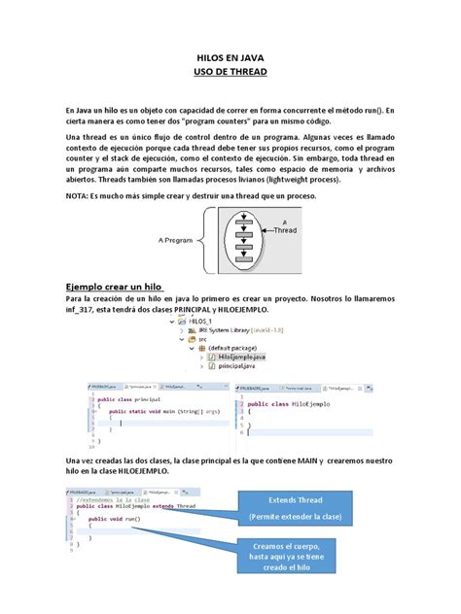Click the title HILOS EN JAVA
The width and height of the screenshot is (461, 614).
click(230, 57)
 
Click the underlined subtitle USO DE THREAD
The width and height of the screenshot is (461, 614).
click(230, 72)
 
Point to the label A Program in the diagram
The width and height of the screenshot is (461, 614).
click(177, 239)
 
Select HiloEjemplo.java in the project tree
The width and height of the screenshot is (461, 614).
click(234, 358)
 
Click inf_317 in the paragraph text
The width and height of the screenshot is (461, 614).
click(82, 310)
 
